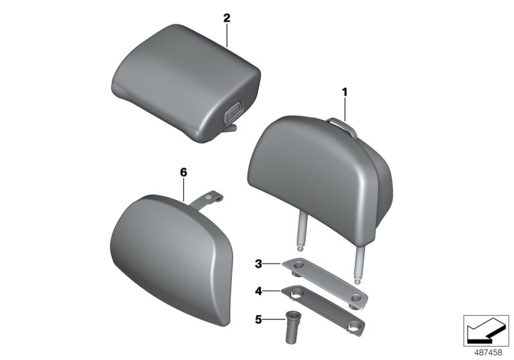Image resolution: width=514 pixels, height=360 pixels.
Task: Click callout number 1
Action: [x=344, y=93]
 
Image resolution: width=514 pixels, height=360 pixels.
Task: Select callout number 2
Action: [x=226, y=18]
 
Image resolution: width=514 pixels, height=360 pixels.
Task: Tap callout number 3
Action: [x=258, y=264]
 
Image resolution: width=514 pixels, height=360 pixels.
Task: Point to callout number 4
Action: [x=258, y=291]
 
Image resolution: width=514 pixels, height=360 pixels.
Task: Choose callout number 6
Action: [x=183, y=172]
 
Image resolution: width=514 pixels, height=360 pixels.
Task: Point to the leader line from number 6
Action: [x=184, y=190]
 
